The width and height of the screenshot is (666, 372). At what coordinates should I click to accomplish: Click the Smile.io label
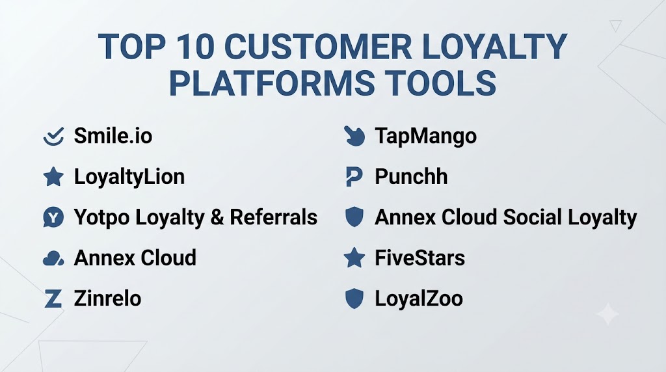click(113, 136)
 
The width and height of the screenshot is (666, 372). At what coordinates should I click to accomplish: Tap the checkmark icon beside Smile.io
click(53, 137)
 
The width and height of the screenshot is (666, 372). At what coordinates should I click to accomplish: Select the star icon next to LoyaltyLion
click(53, 177)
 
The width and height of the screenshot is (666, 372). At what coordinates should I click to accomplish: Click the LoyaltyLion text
click(129, 177)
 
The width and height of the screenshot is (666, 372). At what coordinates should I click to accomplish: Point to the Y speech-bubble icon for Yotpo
click(53, 217)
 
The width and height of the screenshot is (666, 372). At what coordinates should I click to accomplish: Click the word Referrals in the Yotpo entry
click(274, 217)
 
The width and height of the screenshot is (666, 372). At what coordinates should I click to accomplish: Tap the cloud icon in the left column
click(53, 258)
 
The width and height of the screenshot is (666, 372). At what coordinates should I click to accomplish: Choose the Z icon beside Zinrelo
click(53, 299)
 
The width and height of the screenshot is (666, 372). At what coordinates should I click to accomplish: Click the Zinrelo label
click(107, 298)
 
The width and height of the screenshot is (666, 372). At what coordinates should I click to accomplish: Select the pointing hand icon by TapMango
click(354, 136)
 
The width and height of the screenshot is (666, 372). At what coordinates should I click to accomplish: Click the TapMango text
click(425, 137)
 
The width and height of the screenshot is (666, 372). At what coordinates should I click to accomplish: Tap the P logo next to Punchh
click(354, 177)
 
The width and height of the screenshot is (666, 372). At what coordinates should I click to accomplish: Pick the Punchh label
click(411, 177)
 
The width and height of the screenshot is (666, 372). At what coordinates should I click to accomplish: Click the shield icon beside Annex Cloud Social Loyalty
click(354, 217)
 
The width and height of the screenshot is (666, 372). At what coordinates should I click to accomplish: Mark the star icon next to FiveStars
click(354, 258)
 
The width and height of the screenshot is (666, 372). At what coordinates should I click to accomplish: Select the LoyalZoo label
click(419, 298)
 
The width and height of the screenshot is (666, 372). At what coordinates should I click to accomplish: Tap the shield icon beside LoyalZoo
click(354, 298)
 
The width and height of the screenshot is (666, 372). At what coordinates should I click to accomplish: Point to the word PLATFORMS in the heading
click(273, 83)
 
